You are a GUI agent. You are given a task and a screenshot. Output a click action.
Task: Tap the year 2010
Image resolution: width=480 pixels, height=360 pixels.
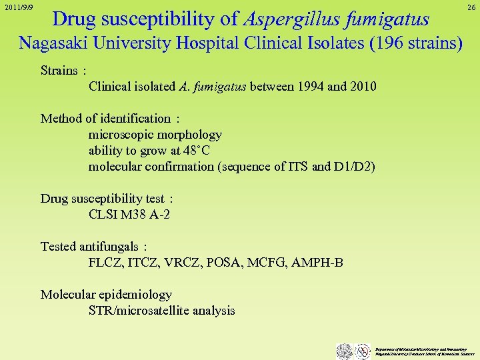(x=361, y=87)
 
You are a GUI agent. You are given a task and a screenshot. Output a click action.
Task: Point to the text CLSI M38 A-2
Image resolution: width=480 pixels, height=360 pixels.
(x=129, y=215)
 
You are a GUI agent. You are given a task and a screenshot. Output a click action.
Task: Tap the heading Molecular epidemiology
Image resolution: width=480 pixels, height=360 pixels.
(x=106, y=295)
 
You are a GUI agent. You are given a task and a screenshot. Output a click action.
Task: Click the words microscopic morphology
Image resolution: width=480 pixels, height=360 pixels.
(x=155, y=135)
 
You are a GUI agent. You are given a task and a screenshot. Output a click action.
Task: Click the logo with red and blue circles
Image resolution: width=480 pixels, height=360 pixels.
(x=363, y=351)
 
